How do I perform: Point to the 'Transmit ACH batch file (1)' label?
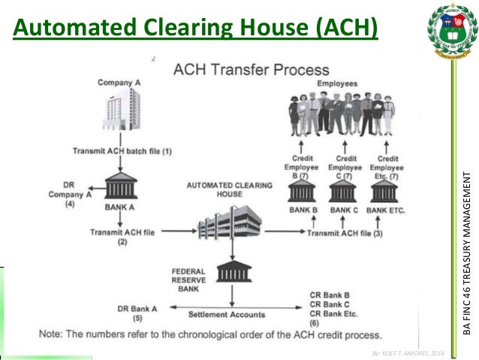coord(122,151)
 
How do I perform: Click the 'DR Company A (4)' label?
coord(72,192)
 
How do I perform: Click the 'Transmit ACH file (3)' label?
coord(345,234)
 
